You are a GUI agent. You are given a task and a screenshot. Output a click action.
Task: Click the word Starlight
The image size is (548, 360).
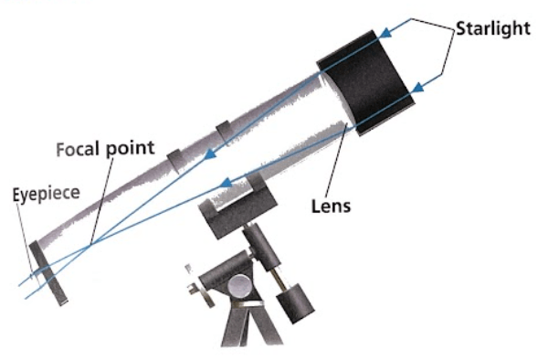[493, 28]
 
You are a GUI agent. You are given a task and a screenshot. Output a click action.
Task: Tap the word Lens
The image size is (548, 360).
[331, 206]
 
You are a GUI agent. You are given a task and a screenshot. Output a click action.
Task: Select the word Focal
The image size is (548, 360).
[77, 149]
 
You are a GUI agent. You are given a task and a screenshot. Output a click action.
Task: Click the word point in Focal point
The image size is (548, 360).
[130, 148]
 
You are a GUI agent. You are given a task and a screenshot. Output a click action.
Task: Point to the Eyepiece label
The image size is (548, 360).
[47, 194]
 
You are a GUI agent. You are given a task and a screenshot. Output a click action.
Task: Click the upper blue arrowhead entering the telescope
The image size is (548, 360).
[385, 33]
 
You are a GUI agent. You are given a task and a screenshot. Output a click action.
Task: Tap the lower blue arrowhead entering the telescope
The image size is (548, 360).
[417, 87]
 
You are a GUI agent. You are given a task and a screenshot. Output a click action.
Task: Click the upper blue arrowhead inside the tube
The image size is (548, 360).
[210, 154]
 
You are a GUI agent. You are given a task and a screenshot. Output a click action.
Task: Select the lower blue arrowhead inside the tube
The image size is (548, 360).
[227, 182]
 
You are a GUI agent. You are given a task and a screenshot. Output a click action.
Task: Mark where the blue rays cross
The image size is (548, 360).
[91, 246]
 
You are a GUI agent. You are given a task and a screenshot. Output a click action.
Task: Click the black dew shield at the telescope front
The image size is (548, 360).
[366, 82]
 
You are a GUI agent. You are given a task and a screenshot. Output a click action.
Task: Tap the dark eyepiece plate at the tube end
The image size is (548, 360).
[47, 273]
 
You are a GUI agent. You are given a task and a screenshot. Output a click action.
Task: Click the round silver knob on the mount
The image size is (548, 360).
[240, 286]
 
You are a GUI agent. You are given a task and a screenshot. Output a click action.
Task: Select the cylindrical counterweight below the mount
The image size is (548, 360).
[295, 303]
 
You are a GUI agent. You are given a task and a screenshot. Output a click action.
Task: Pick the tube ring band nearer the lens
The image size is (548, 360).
[224, 132]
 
